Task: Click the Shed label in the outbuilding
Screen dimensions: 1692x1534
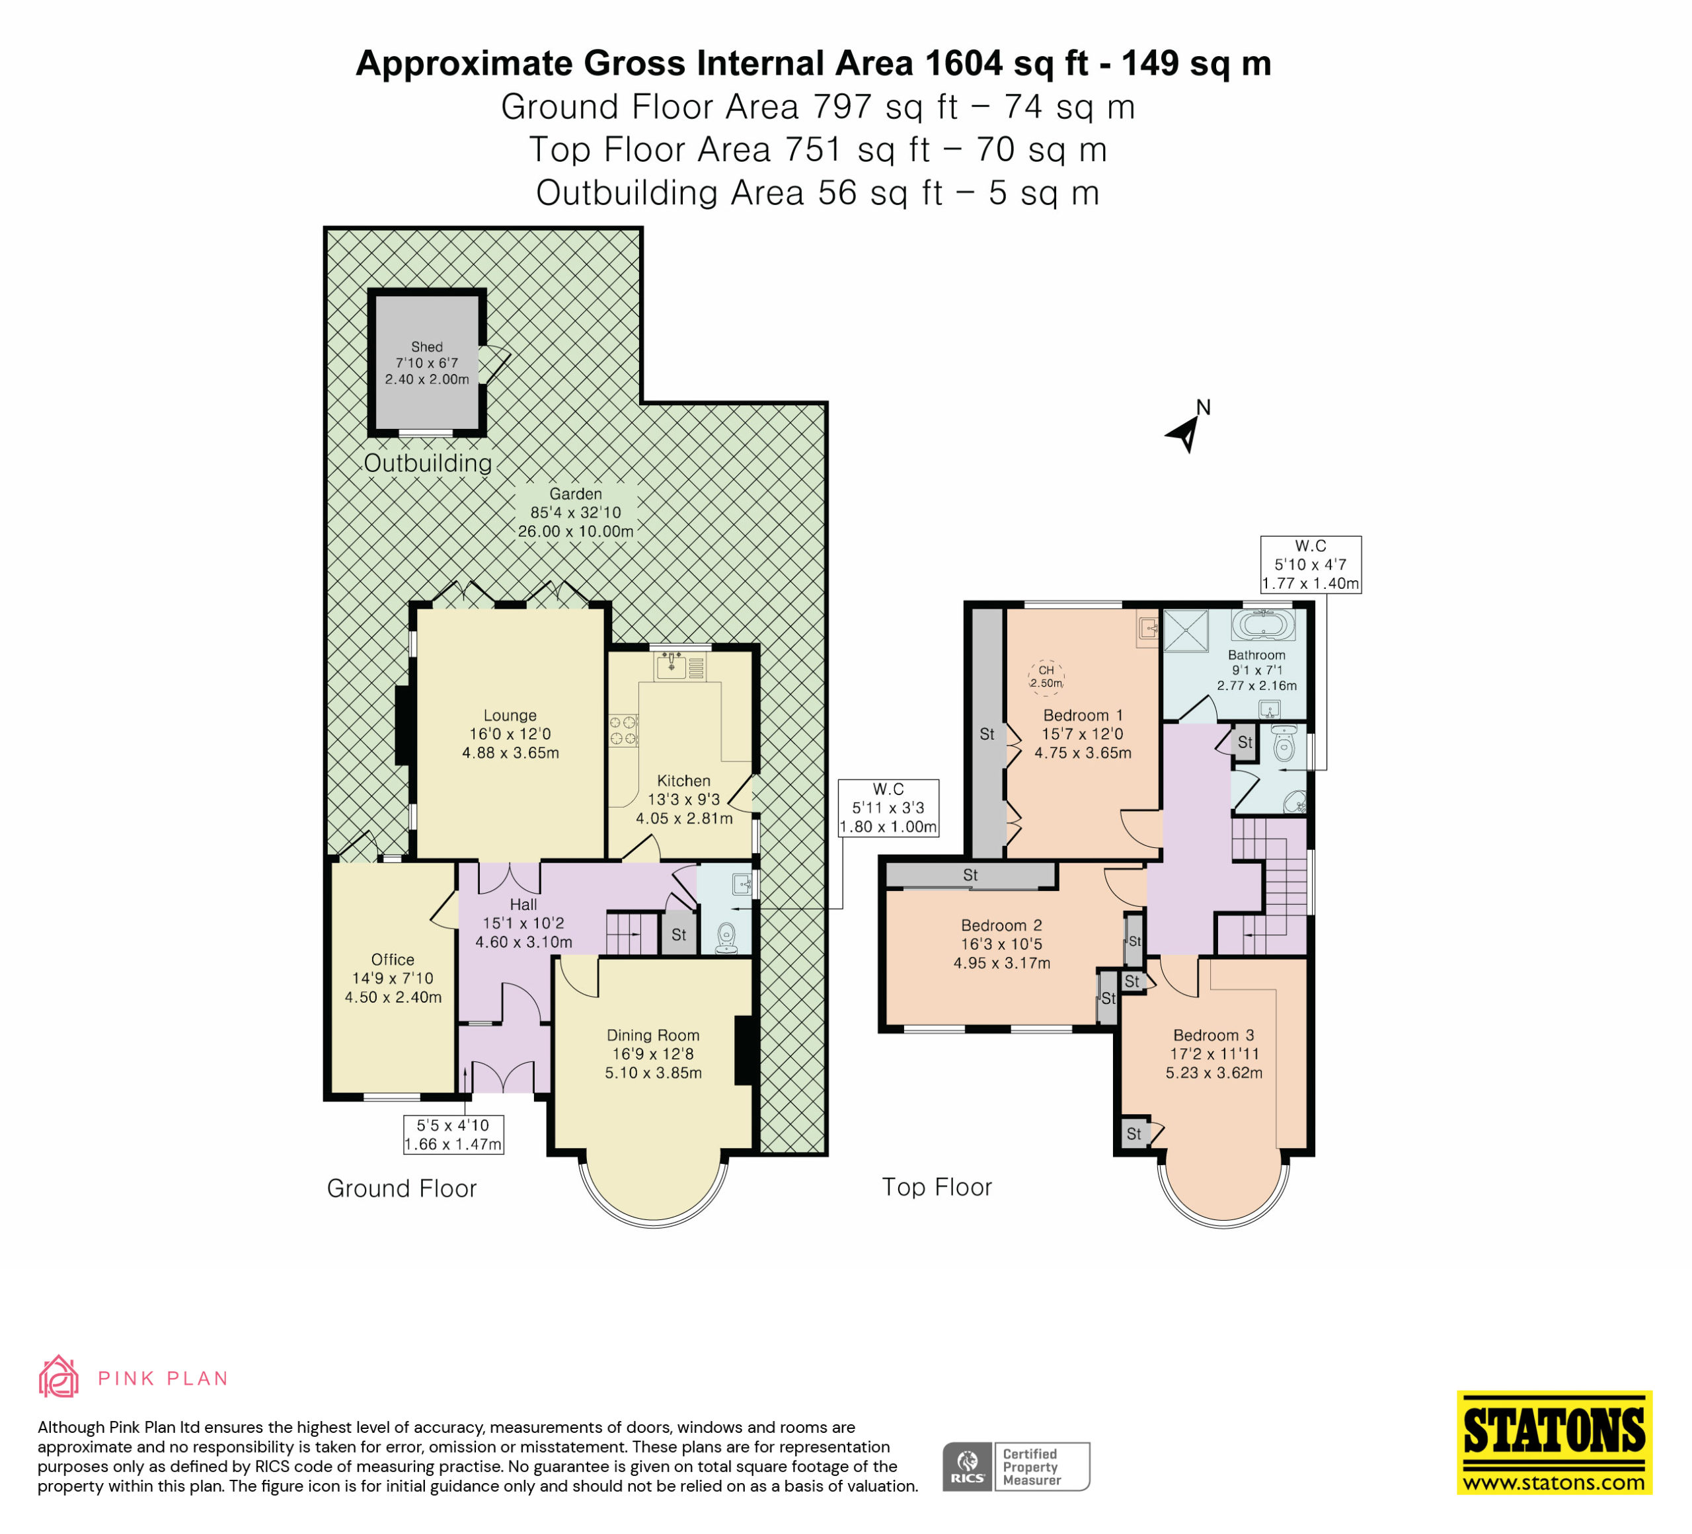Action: coord(426,346)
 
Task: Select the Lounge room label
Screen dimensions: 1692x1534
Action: coord(510,716)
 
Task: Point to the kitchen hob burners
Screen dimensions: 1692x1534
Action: coord(623,730)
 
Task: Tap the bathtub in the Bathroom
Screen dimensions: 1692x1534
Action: coord(1263,625)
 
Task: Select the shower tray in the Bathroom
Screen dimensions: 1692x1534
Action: coord(1185,631)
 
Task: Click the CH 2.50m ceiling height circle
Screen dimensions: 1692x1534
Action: coord(1046,675)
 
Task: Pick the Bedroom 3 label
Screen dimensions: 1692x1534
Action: coord(1213,1036)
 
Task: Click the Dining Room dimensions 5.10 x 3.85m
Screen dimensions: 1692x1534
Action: coord(653,1073)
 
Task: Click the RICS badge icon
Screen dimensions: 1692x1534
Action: coord(968,1466)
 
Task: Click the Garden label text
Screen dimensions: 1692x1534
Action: coord(576,494)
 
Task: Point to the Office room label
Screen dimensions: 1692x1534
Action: coord(393,959)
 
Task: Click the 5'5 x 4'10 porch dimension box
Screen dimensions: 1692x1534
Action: coord(453,1135)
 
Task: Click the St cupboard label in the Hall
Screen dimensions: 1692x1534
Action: coord(679,935)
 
